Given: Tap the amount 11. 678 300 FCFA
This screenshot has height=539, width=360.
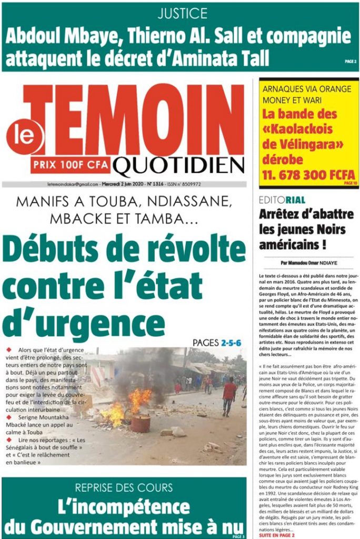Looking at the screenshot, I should (x=308, y=175).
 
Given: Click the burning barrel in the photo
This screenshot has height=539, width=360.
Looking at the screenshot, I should (x=141, y=422).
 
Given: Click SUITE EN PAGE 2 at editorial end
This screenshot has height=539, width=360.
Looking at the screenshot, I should (x=277, y=535).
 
